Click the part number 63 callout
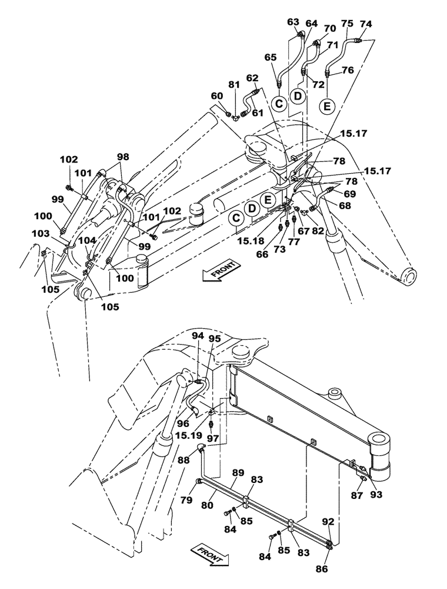[293, 22]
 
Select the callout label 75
[347, 24]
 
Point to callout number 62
[252, 78]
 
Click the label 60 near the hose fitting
[217, 96]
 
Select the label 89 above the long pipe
[238, 473]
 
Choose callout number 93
[376, 495]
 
